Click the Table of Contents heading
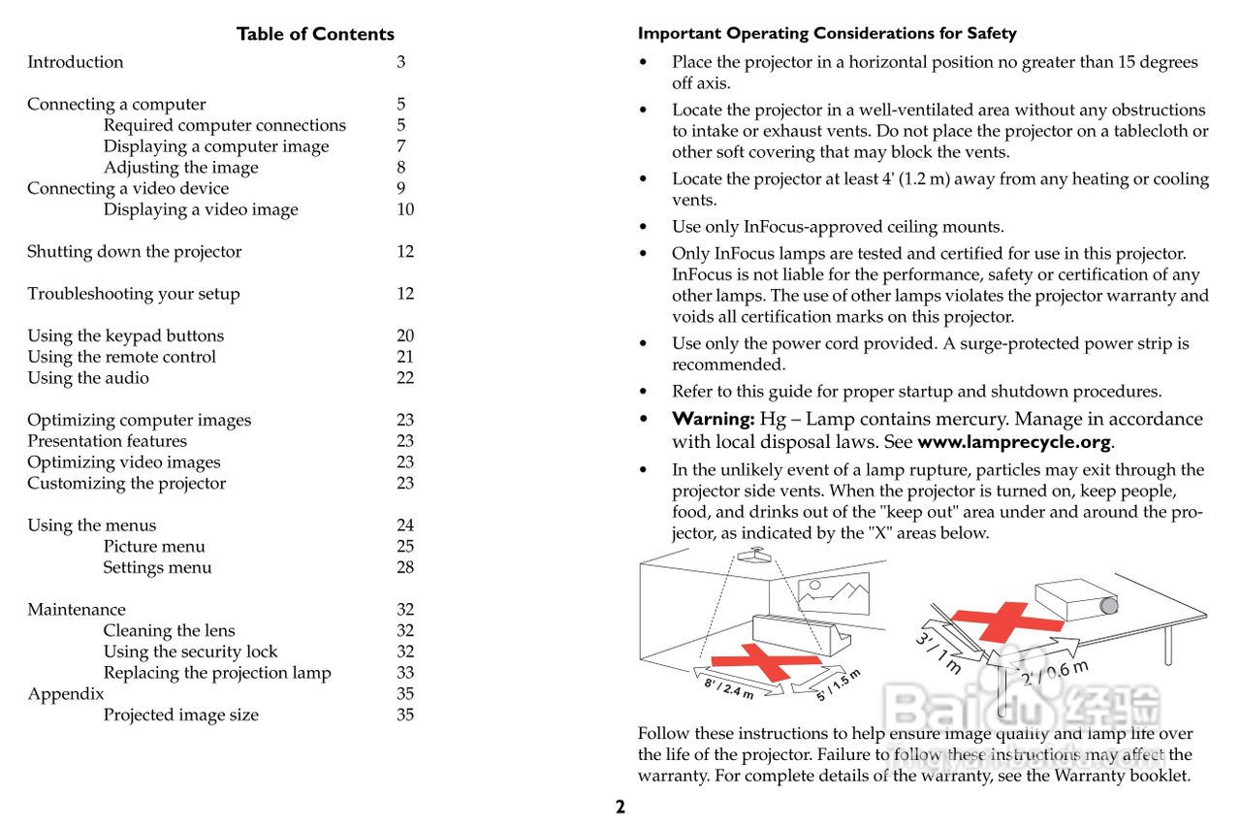coord(315,34)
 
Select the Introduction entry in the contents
coord(76,62)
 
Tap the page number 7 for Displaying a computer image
coord(400,146)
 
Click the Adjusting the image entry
coord(181,168)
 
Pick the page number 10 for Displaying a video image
coord(404,209)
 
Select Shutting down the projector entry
coord(134,252)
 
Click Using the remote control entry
coord(121,357)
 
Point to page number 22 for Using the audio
coord(404,378)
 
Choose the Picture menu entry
coord(154,547)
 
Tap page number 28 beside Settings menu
coord(404,568)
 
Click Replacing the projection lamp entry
coord(217,673)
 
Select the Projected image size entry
coord(181,716)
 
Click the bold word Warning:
coord(714,420)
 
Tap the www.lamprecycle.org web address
coord(1013,443)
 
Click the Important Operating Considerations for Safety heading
coord(827,34)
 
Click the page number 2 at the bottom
coord(620,808)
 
